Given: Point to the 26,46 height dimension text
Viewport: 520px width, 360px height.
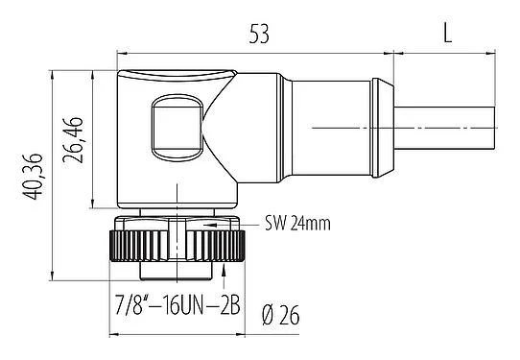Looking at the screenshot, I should coord(75,137).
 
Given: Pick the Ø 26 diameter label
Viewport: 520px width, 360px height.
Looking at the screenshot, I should coord(285,313).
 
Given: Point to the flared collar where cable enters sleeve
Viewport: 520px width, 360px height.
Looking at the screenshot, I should coord(383,128).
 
